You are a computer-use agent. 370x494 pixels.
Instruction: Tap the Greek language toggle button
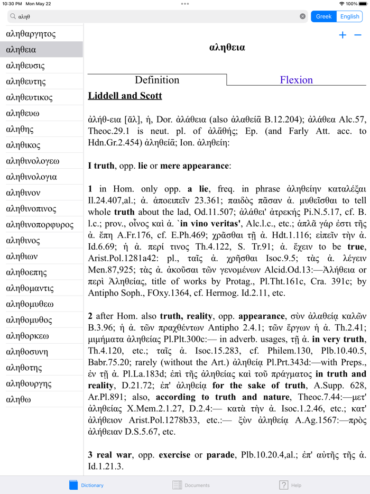point(323,16)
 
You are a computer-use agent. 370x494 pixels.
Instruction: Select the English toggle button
point(349,16)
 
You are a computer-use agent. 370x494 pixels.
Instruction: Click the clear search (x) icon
point(302,16)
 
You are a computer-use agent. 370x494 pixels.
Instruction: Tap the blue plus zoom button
point(343,35)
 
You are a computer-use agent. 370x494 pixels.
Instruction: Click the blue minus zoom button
point(358,35)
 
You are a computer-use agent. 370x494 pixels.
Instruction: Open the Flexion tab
point(296,80)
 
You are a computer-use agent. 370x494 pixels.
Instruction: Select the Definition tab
point(157,80)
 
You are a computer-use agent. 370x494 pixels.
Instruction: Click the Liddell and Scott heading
point(125,96)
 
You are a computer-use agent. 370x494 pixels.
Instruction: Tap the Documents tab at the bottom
point(191,485)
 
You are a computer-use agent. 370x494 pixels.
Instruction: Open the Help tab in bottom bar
point(290,485)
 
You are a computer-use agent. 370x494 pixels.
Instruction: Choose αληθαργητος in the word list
point(31,34)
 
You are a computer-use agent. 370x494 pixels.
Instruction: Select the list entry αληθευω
point(23,113)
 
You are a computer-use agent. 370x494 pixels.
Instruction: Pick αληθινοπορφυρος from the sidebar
point(40,225)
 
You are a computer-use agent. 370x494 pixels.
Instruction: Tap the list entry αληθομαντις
point(30,288)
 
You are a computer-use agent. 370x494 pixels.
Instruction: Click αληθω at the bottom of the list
point(18,399)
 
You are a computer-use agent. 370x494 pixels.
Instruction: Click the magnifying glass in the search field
point(13,16)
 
